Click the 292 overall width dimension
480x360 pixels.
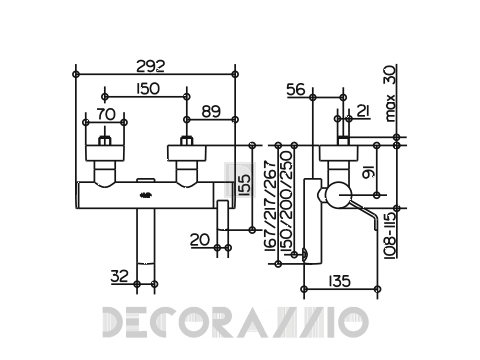pos(150,66)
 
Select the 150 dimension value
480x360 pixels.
pos(148,89)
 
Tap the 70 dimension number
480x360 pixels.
pos(106,114)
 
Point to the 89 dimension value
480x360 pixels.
pos(211,111)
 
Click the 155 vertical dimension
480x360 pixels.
pos(245,184)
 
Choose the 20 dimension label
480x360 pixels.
pos(200,239)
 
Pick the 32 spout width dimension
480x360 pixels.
pos(120,276)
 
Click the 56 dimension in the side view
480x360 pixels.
pos(296,89)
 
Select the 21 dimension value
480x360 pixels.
pos(363,111)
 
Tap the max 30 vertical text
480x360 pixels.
pos(390,93)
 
